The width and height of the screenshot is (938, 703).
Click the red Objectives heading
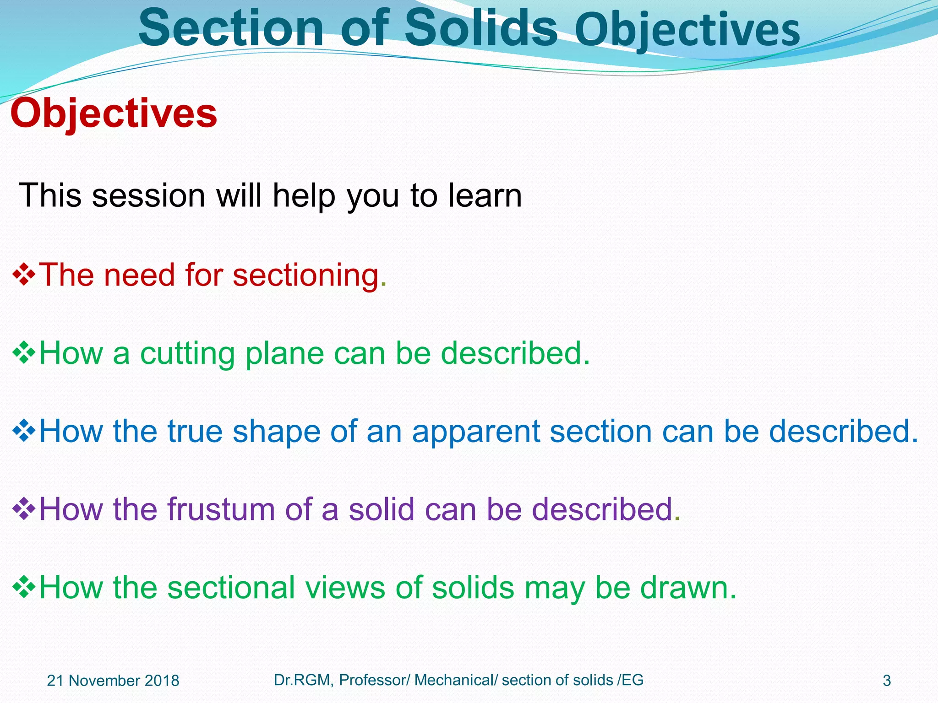[114, 114]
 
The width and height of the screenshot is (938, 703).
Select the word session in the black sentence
[148, 196]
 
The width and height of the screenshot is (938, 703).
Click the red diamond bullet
[24, 275]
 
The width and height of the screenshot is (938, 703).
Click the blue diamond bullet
[24, 431]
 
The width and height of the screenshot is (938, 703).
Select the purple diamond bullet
[24, 509]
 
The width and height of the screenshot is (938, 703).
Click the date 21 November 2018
[113, 681]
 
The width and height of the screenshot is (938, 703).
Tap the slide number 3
[887, 681]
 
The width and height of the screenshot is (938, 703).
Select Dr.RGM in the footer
[301, 680]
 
